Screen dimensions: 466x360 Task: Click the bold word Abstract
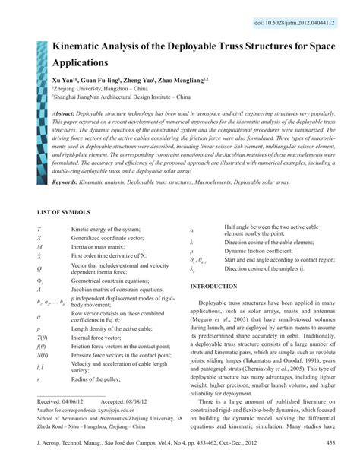67,113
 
